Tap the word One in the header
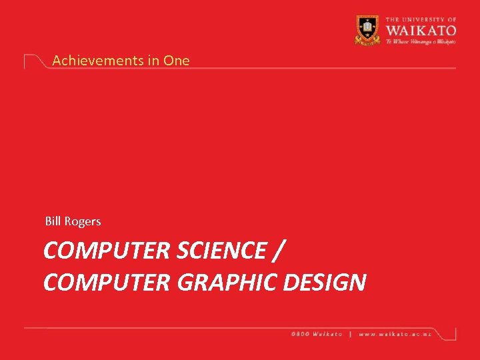click(177, 60)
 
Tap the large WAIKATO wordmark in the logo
click(420, 29)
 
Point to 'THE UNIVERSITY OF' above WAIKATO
click(420, 19)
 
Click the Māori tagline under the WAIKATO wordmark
click(420, 41)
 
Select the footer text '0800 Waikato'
click(317, 333)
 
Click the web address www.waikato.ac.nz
click(395, 333)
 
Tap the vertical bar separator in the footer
click(351, 333)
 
